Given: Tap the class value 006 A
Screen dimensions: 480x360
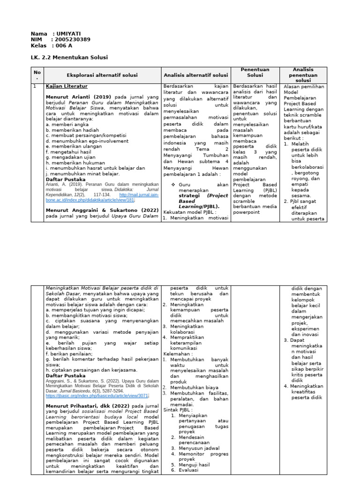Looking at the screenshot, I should pos(64,45).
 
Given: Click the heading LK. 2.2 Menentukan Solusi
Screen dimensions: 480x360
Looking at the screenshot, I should pos(69,57).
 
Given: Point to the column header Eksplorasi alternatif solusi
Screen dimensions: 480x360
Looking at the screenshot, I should pos(102,75).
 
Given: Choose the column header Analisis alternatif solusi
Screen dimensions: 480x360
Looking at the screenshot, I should pos(195,75).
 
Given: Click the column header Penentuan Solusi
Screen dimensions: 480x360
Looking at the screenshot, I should pos(255,72).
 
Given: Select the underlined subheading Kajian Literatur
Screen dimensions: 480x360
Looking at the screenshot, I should pos(66,86).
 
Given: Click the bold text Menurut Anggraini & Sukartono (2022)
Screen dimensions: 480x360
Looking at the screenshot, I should pos(102,210).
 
